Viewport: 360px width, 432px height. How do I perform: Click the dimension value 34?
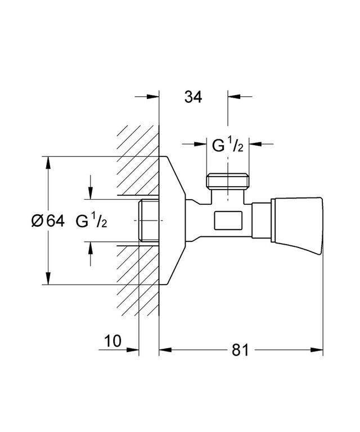[x=193, y=97]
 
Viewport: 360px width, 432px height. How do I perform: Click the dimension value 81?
[x=240, y=350]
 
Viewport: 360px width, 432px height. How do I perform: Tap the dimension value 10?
[x=112, y=341]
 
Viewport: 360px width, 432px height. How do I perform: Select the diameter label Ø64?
[x=48, y=220]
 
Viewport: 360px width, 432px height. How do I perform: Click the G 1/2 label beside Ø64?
[x=92, y=220]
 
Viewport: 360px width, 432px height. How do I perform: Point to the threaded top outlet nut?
[x=228, y=181]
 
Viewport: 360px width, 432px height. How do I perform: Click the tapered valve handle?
[x=296, y=220]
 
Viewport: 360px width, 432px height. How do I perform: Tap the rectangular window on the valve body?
[x=228, y=220]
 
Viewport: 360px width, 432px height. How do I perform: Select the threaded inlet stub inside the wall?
[x=148, y=220]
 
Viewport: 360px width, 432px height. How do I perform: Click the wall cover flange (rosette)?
[x=172, y=220]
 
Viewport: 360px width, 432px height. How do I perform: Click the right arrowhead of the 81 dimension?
[x=317, y=350]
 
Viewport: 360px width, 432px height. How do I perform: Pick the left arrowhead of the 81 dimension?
[x=165, y=350]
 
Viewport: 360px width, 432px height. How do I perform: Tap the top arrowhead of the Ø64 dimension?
[x=48, y=163]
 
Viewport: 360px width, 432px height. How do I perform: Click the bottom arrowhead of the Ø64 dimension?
[x=48, y=278]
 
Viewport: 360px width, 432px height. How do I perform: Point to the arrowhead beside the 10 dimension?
[x=133, y=350]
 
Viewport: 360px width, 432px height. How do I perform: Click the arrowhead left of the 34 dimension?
[x=153, y=97]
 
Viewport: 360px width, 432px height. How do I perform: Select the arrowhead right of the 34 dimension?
[x=234, y=97]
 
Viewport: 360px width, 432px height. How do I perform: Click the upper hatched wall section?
[x=138, y=160]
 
